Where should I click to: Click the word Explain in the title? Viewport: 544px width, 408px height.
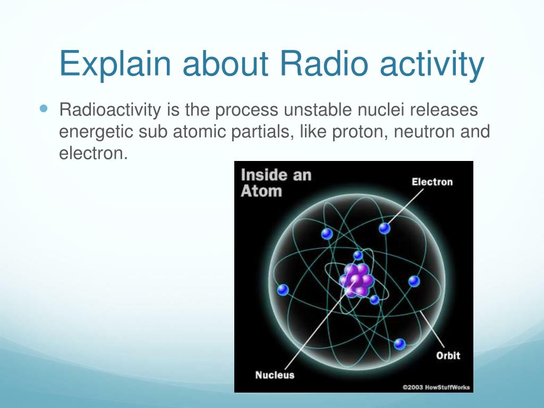[x=115, y=64]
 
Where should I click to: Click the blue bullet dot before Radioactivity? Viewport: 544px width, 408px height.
[x=43, y=108]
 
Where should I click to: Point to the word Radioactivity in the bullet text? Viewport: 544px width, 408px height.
[x=110, y=110]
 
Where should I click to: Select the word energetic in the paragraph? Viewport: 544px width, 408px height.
[x=96, y=132]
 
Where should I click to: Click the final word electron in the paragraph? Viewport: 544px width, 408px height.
[x=93, y=154]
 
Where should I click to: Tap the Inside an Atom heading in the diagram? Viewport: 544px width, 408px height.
[x=276, y=183]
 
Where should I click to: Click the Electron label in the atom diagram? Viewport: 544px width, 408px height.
[x=432, y=182]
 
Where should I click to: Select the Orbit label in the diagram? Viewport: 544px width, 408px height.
[x=448, y=355]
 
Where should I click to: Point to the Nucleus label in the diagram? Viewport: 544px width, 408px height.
[x=275, y=375]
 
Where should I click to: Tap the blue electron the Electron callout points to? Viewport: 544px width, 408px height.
[x=385, y=228]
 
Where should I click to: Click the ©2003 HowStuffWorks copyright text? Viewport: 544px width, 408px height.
[x=436, y=387]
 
